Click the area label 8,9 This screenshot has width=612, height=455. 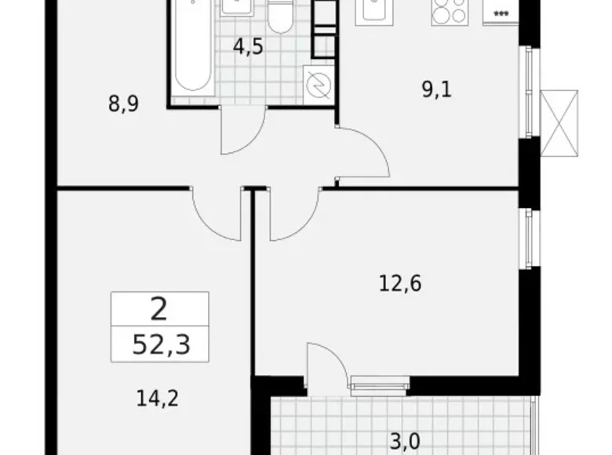pos(124,104)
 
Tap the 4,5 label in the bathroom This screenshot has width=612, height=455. pos(247,46)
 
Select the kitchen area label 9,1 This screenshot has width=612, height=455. pos(437,89)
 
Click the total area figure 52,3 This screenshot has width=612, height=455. pos(159,345)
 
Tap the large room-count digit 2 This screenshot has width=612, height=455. pos(159,310)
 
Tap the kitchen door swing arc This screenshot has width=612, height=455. pos(366,153)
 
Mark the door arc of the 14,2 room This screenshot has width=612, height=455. pos(216,216)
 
